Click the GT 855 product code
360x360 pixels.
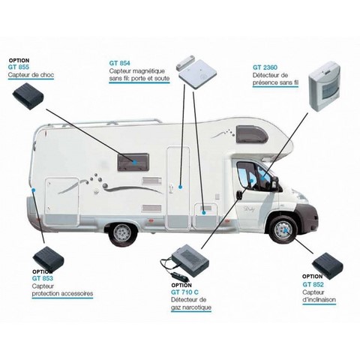(19, 67)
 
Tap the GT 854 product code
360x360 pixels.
(119, 63)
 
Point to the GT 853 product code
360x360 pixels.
(43, 278)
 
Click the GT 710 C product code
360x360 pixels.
(184, 292)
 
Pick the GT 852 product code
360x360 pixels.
(313, 284)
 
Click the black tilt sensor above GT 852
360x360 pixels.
(328, 265)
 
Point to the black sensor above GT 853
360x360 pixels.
(48, 259)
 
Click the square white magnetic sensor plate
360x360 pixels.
(197, 74)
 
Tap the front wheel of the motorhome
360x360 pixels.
(283, 230)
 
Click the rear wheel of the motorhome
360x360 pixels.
(122, 232)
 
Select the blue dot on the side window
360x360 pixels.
(135, 163)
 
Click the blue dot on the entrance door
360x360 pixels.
(180, 187)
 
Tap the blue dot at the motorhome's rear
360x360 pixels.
(34, 190)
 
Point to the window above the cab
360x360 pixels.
(252, 134)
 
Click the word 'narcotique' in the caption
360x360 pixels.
(195, 307)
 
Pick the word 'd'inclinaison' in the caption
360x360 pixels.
(319, 300)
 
